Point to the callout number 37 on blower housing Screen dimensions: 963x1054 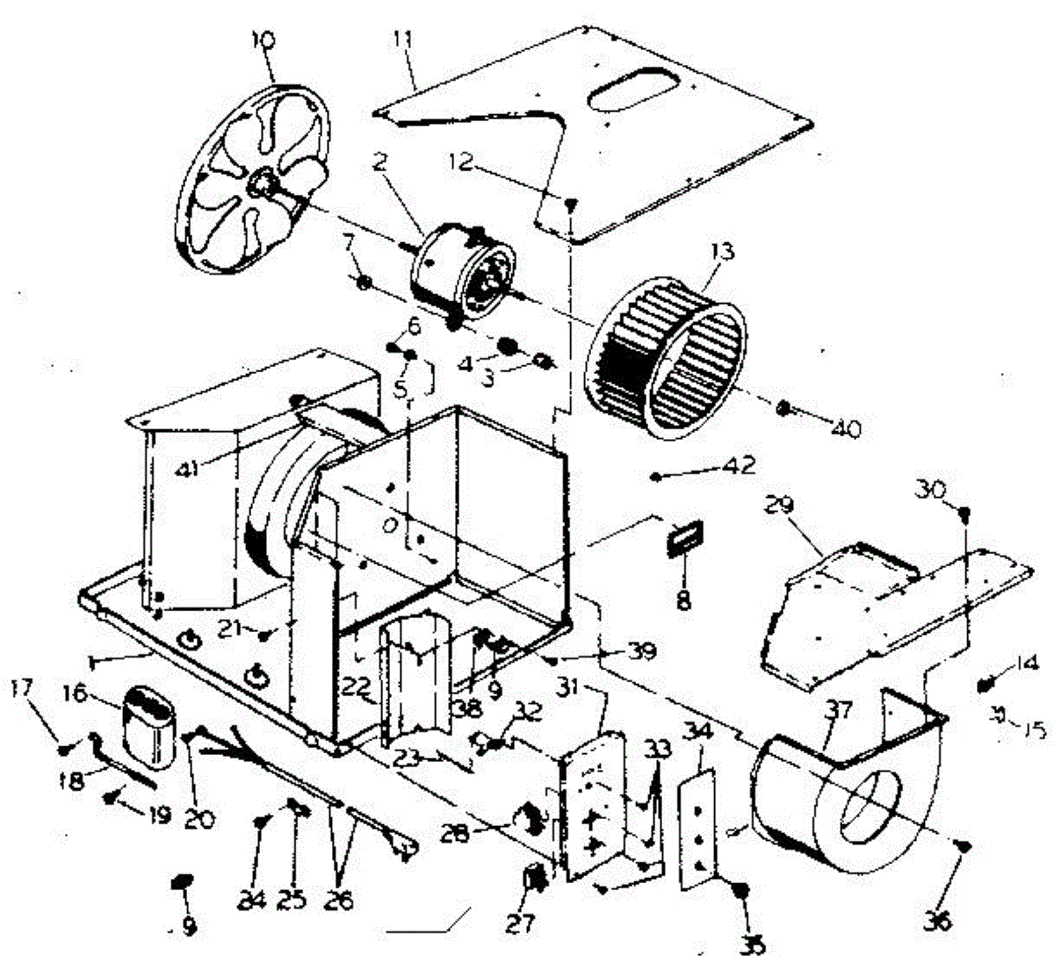tap(838, 709)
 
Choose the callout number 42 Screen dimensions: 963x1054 tap(739, 465)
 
